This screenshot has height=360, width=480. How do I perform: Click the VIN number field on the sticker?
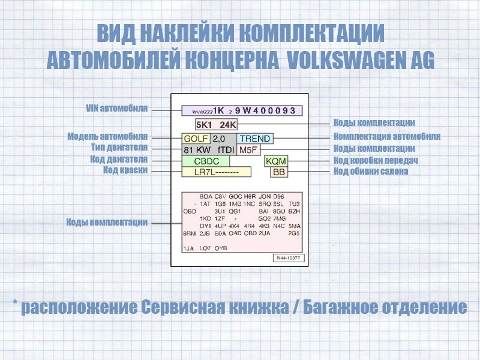pyautogui.click(x=242, y=110)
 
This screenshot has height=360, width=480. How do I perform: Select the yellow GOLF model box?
pyautogui.click(x=196, y=139)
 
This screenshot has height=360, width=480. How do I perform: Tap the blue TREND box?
pyautogui.click(x=254, y=139)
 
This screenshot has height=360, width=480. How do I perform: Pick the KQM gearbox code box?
pyautogui.click(x=276, y=161)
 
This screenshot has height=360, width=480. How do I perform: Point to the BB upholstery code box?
pyautogui.click(x=279, y=172)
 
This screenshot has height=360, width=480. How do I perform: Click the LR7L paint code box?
pyautogui.click(x=216, y=172)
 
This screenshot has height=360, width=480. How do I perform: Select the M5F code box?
pyautogui.click(x=248, y=149)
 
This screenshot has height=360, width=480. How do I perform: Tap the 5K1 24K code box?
pyautogui.click(x=216, y=125)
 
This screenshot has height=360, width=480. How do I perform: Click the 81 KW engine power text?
pyautogui.click(x=197, y=149)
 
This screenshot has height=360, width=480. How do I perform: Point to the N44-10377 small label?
pyautogui.click(x=289, y=258)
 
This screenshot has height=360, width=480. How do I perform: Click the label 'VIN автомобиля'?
pyautogui.click(x=117, y=109)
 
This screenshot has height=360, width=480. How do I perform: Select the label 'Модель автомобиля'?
pyautogui.click(x=107, y=136)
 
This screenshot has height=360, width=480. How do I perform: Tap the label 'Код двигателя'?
pyautogui.click(x=119, y=159)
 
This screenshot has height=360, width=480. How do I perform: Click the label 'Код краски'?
pyautogui.click(x=125, y=170)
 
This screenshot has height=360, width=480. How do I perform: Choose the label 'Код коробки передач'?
pyautogui.click(x=376, y=160)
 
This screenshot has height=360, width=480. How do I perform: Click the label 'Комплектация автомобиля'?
pyautogui.click(x=387, y=136)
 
